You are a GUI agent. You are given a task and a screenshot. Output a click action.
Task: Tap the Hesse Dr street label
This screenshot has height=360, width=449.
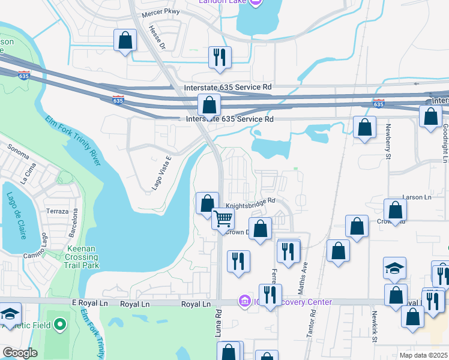pyautogui.click(x=155, y=37)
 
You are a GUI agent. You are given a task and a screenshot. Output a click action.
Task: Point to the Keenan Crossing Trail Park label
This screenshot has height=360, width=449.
pyautogui.click(x=74, y=256)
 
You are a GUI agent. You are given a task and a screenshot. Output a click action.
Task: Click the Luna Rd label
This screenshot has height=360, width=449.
pyautogui.click(x=218, y=330)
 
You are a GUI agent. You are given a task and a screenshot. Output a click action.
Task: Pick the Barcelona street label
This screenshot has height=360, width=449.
pyautogui.click(x=76, y=222)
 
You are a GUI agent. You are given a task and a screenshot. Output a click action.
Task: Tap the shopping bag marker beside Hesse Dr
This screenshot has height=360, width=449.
pyautogui.click(x=125, y=41)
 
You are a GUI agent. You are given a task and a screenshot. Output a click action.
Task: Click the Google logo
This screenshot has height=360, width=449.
pyautogui.click(x=20, y=353)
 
